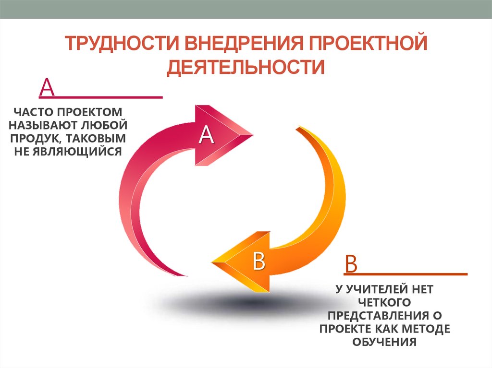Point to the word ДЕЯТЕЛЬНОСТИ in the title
(246, 67)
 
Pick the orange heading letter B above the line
(351, 264)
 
